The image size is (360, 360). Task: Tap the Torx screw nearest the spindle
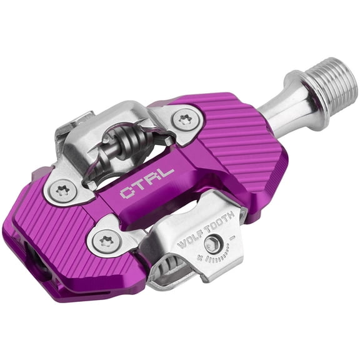pos(184,119)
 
